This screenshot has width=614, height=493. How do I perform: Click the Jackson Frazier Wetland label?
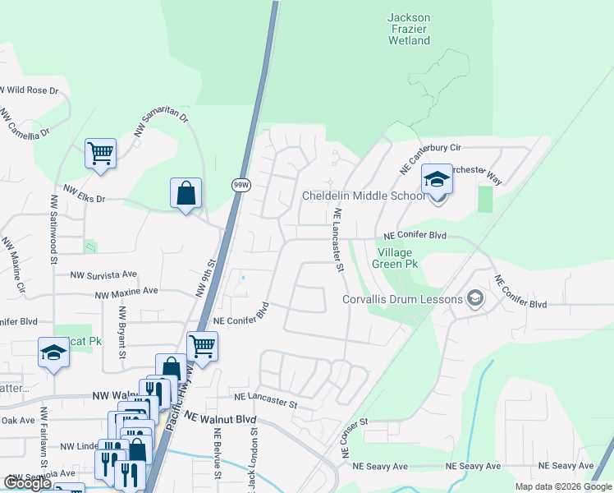pyautogui.click(x=408, y=29)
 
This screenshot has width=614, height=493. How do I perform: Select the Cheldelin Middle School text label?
pyautogui.click(x=364, y=196)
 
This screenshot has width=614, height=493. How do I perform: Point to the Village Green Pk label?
pyautogui.click(x=398, y=258)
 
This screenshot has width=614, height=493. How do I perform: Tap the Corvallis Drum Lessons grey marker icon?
pyautogui.click(x=474, y=299)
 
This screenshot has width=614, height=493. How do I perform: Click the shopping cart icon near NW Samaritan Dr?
pyautogui.click(x=100, y=153)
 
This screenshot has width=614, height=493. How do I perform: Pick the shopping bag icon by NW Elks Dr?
pyautogui.click(x=186, y=194)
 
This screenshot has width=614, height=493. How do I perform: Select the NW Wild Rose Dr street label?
pyautogui.click(x=30, y=90)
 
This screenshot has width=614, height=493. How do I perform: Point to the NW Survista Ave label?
pyautogui.click(x=103, y=275)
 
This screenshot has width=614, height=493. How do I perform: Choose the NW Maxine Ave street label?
pyautogui.click(x=126, y=293)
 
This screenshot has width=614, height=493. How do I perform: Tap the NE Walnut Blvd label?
pyautogui.click(x=222, y=417)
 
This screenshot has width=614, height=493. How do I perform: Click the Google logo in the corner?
pyautogui.click(x=27, y=483)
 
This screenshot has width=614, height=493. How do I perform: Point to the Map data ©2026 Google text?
pyautogui.click(x=562, y=486)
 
